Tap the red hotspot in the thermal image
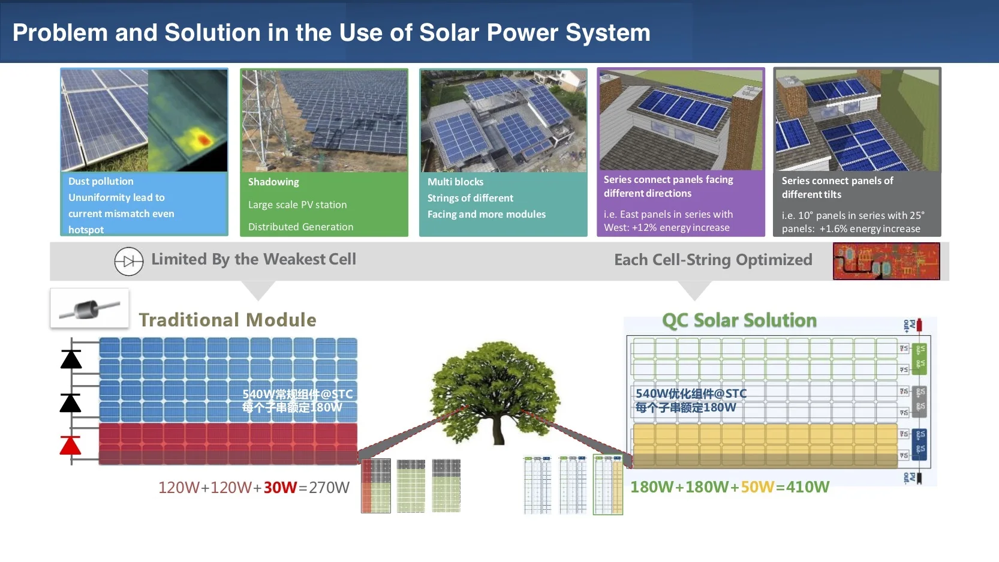pyautogui.click(x=202, y=139)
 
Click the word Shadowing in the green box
pyautogui.click(x=273, y=182)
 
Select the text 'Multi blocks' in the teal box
pyautogui.click(x=455, y=182)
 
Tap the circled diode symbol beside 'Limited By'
pyautogui.click(x=129, y=262)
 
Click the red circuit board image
pyautogui.click(x=886, y=261)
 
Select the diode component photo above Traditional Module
pyautogui.click(x=90, y=308)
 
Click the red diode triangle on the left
pyautogui.click(x=70, y=446)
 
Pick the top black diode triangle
pyautogui.click(x=71, y=360)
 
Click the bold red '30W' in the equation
pyautogui.click(x=280, y=488)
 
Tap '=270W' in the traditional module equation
pyautogui.click(x=324, y=488)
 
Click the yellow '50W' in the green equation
pyautogui.click(x=757, y=487)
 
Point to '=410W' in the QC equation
pyautogui.click(x=802, y=487)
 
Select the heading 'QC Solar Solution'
pyautogui.click(x=739, y=320)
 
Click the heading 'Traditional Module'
pyautogui.click(x=227, y=320)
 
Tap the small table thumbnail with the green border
pyautogui.click(x=607, y=485)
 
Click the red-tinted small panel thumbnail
pyautogui.click(x=376, y=486)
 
